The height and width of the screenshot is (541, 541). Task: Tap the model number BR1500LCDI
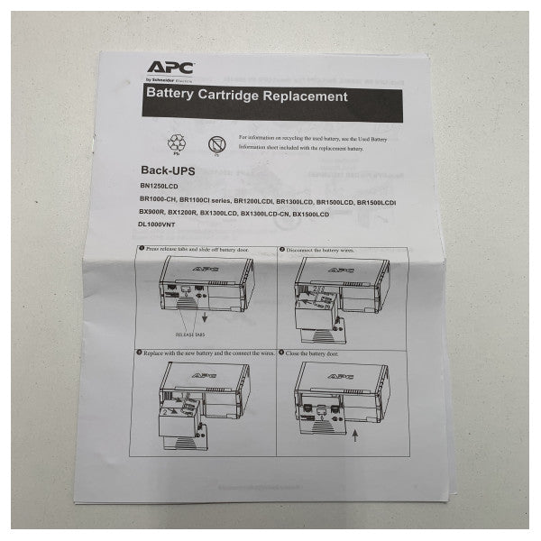point(376,199)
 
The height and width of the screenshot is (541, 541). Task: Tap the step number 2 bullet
point(281,250)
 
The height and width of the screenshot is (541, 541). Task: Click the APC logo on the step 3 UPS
point(199,373)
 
